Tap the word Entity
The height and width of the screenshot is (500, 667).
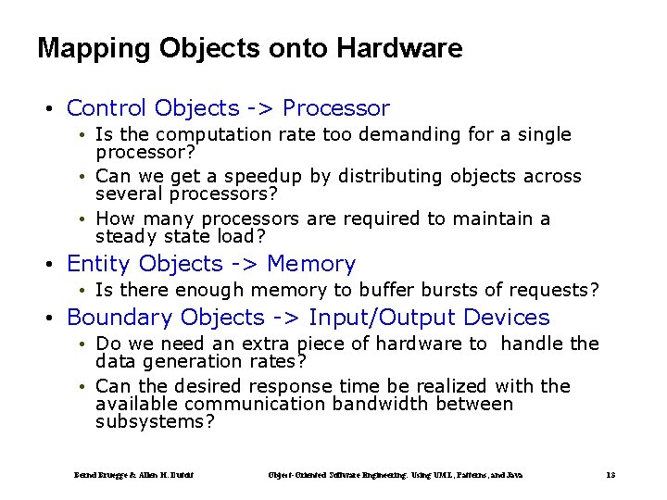99,265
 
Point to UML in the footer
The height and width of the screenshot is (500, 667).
449,475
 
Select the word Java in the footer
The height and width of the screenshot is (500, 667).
514,475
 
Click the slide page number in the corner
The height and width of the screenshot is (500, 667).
610,475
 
